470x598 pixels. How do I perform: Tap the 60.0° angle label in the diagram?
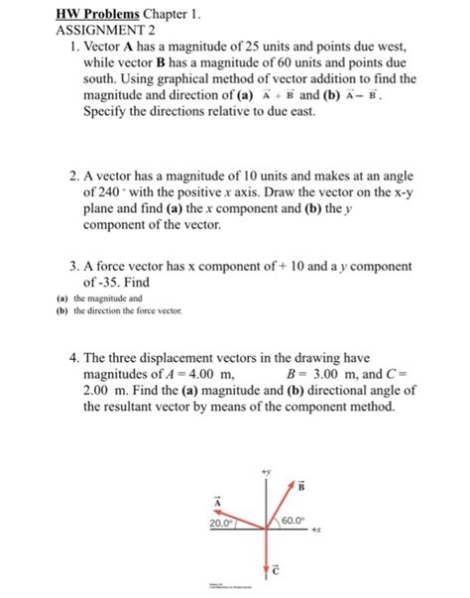(x=294, y=521)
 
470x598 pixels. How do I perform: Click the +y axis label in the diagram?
(x=264, y=470)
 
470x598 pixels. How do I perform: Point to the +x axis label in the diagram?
(x=318, y=532)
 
